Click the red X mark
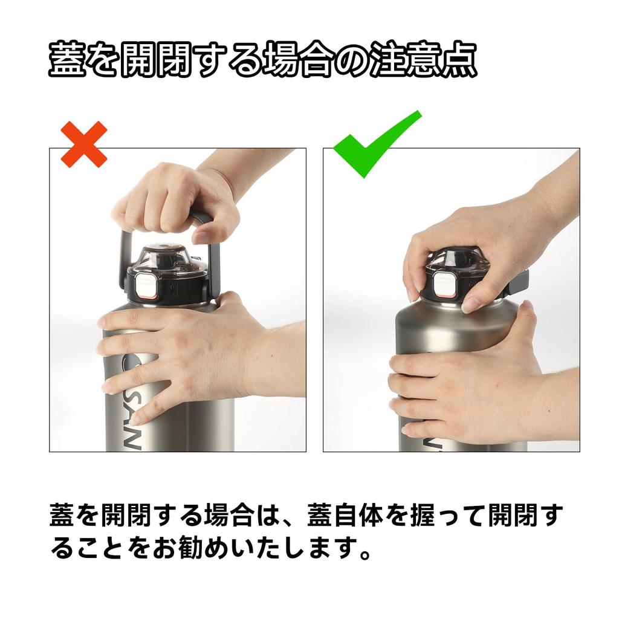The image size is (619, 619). point(84,144)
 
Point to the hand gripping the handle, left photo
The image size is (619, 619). point(175,199)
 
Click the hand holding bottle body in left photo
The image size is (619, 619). point(193,357)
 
